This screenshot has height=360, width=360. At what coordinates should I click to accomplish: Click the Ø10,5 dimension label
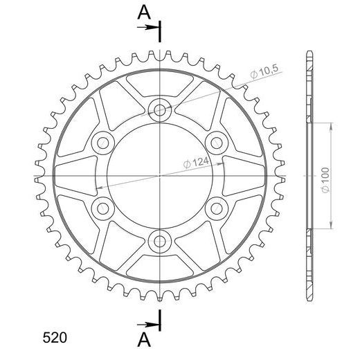pos(265,71)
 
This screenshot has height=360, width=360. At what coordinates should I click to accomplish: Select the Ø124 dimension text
pos(196,163)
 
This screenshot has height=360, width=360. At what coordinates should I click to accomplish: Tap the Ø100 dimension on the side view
pos(325,180)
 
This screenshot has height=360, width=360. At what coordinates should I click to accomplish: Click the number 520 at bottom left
pos(55,338)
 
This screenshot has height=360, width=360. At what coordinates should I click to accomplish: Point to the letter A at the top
pos(144,12)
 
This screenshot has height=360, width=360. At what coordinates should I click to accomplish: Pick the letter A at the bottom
pos(144,340)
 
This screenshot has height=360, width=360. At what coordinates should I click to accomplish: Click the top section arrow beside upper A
pos(148,28)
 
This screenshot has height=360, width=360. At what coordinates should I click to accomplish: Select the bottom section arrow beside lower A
pos(148,325)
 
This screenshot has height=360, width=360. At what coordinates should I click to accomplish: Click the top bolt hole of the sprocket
pos(160,110)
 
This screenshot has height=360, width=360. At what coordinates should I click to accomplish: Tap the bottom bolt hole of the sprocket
pos(160,242)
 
